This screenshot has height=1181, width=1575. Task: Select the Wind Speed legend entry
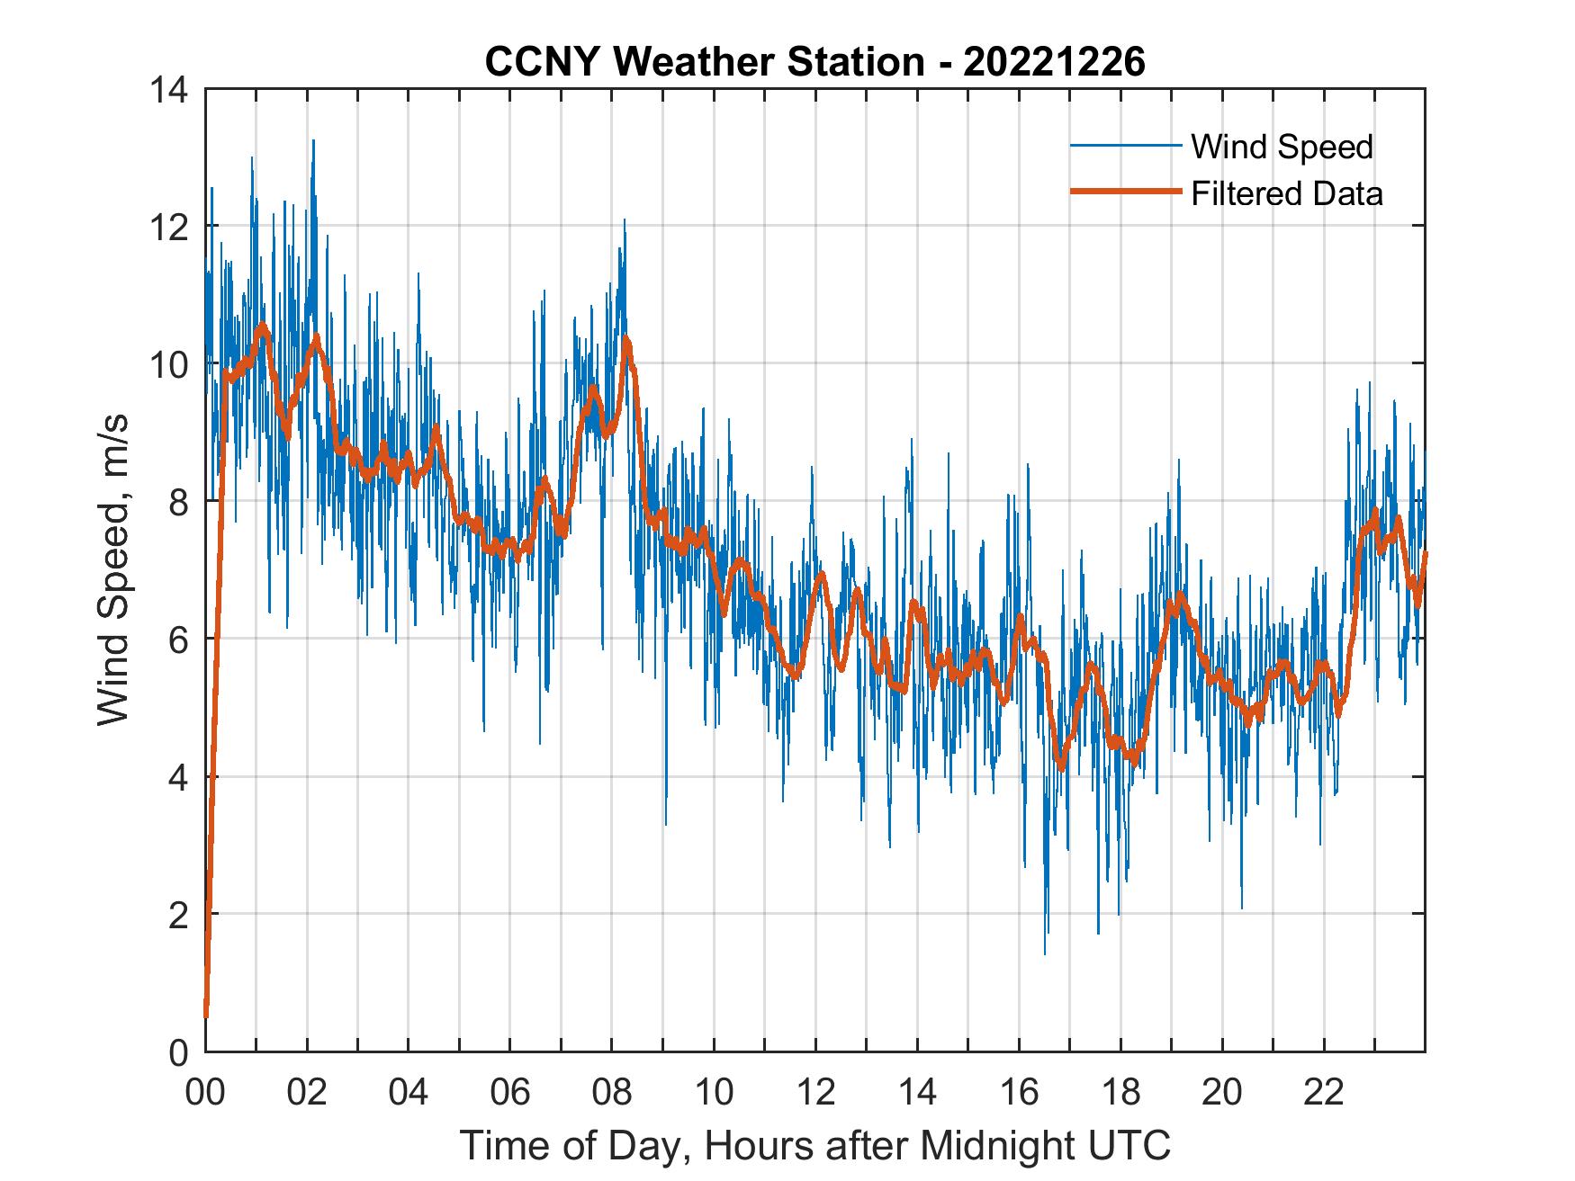click(1282, 147)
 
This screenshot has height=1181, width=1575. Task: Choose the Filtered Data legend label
click(1286, 193)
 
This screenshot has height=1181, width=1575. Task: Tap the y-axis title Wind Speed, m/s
click(114, 568)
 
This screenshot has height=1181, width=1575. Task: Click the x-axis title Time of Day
click(814, 1145)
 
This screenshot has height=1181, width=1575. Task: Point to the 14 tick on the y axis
click(170, 89)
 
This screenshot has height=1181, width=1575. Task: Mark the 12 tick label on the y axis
click(170, 227)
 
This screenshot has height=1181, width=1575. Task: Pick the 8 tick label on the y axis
click(178, 501)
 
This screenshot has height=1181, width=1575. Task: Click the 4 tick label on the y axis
click(178, 776)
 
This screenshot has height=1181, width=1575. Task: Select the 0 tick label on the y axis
click(178, 1051)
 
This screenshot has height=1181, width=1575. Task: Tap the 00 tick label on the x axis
click(205, 1091)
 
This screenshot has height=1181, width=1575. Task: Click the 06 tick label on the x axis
click(510, 1091)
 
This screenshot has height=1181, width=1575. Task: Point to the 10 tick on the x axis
click(714, 1091)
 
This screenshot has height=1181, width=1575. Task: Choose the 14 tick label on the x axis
click(917, 1091)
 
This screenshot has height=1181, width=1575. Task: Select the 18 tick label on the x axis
click(1120, 1091)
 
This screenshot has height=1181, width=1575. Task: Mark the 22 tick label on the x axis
click(1324, 1091)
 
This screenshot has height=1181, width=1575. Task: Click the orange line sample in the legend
click(1125, 192)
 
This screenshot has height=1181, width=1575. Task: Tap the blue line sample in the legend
click(1125, 145)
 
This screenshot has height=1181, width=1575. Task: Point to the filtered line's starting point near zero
click(206, 1015)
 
